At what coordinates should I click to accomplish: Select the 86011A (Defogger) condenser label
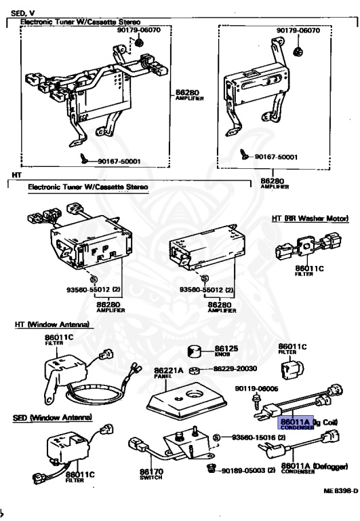pos(314,466)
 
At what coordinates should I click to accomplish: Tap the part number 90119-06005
pos(257,389)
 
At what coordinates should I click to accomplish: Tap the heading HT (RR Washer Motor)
pos(310,218)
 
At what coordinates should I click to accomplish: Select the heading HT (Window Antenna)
pos(52,325)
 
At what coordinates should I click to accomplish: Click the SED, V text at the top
pos(22,13)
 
